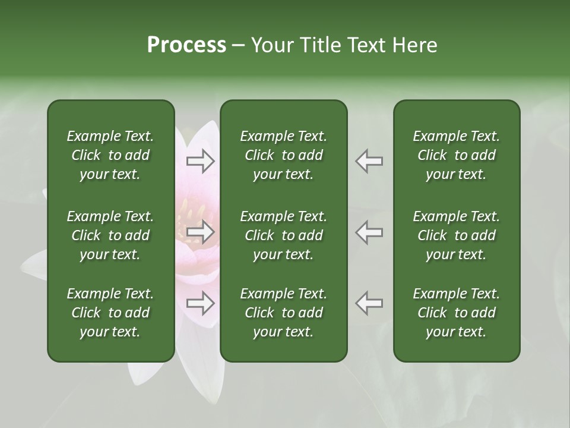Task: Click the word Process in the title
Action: pos(186,45)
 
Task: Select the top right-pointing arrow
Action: pos(201,161)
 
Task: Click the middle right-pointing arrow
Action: pos(201,232)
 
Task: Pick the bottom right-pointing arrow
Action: pos(201,303)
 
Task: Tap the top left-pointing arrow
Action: pos(369,161)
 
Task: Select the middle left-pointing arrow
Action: pos(369,232)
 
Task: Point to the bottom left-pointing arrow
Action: pos(369,303)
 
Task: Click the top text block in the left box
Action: pos(110,155)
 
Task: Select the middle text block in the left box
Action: pos(110,235)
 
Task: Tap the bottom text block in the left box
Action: pos(110,313)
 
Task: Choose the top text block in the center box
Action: pos(283,155)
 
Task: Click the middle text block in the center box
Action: pos(283,235)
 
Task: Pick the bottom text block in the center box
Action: pos(283,313)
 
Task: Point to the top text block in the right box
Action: pos(456,155)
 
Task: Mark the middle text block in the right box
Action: pos(456,235)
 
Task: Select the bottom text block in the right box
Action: pos(456,313)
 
